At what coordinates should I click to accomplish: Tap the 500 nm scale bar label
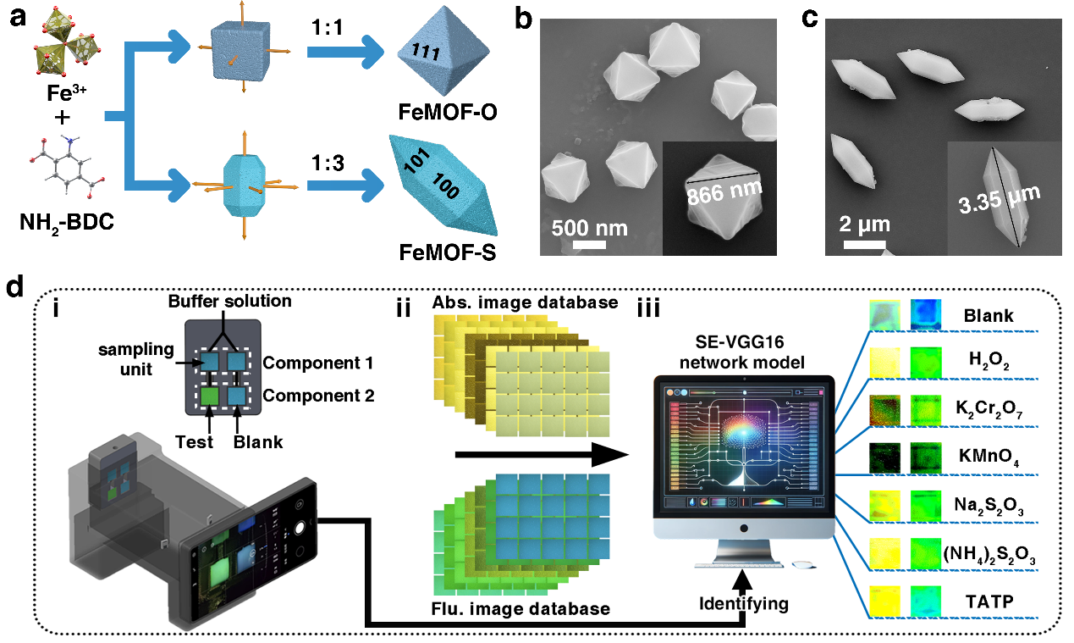pos(589,228)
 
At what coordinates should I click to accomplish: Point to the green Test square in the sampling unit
pos(208,396)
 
